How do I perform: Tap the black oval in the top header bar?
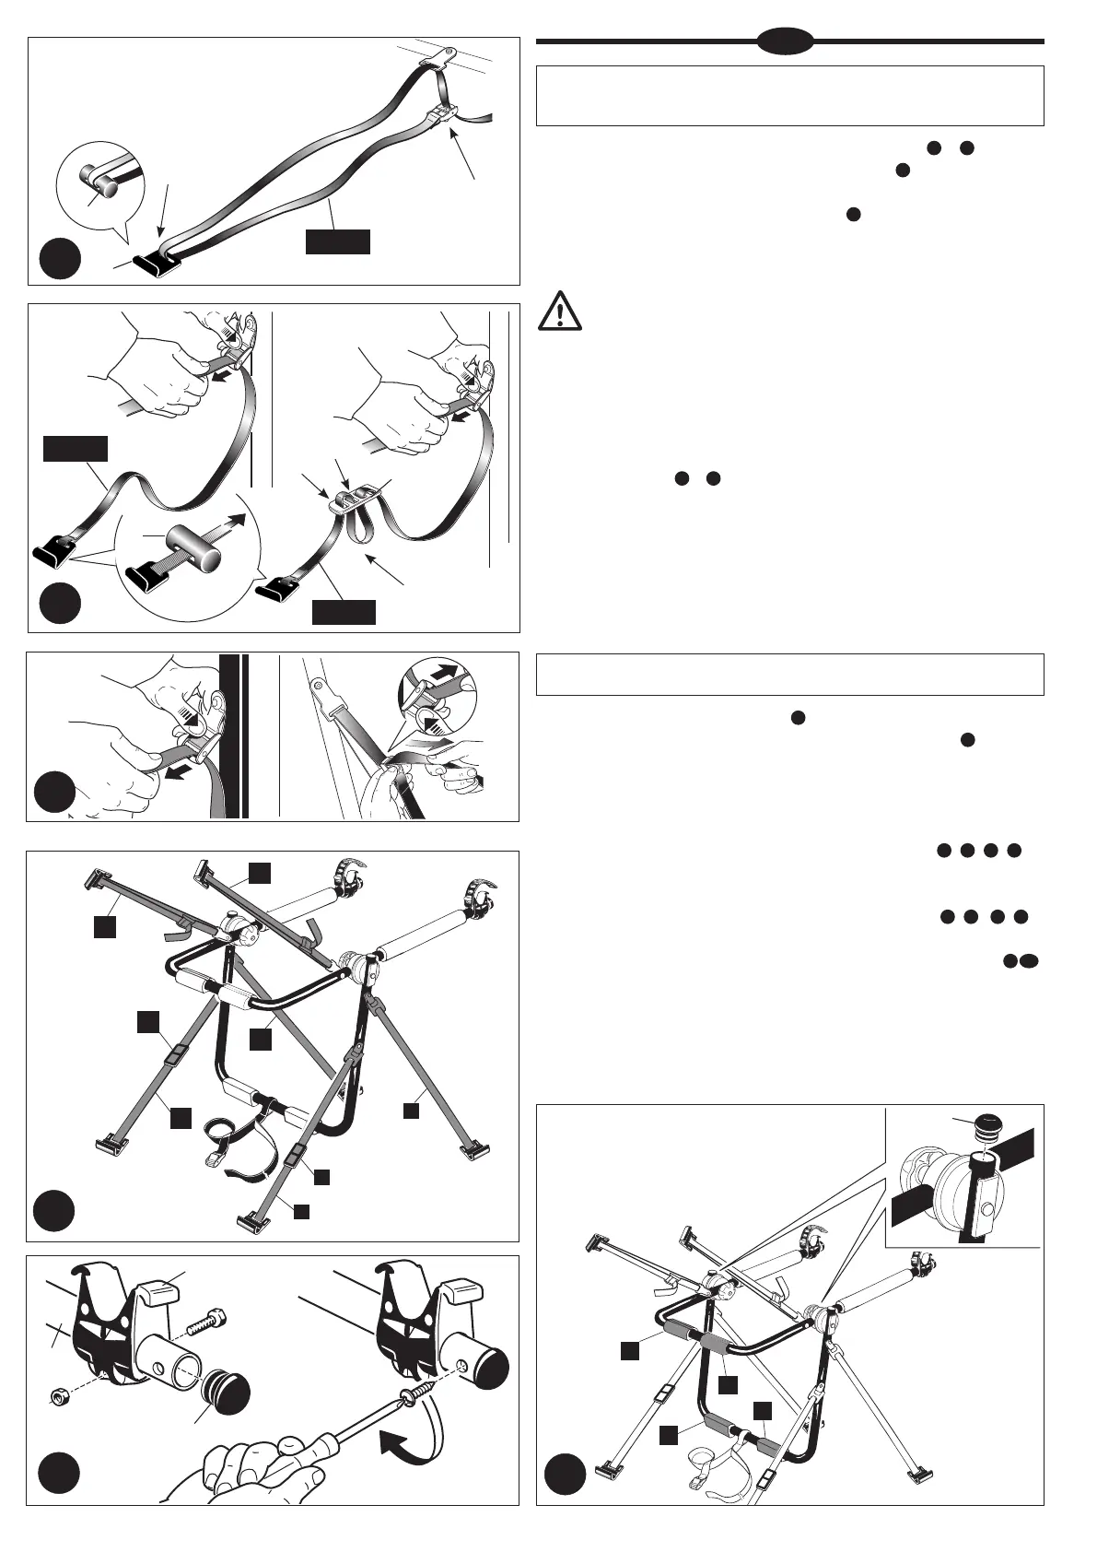point(786,41)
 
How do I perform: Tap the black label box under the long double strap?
point(338,241)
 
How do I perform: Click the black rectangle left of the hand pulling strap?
point(76,449)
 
